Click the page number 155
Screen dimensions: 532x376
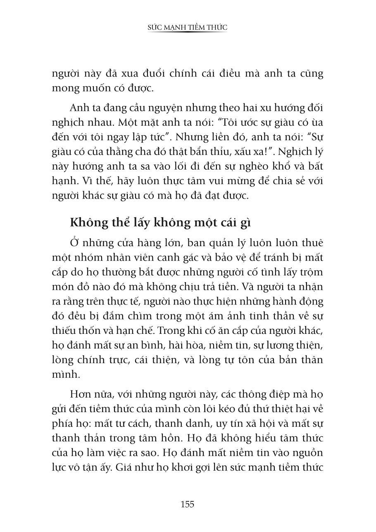(x=187, y=504)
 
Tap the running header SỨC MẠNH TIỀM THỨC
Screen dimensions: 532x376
(x=188, y=27)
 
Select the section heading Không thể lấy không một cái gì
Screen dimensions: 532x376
(x=161, y=222)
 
